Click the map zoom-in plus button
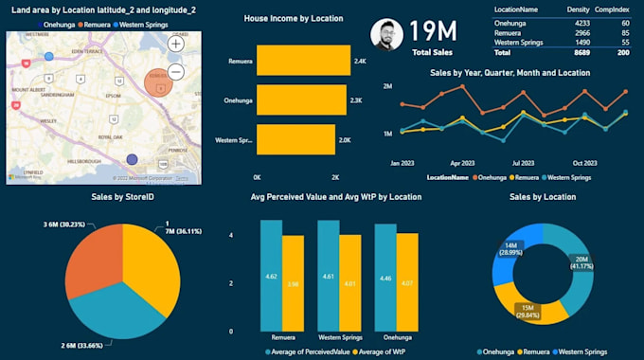tap(176, 44)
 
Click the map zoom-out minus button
tap(176, 72)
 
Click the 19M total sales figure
tap(433, 32)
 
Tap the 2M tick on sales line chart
tap(387, 86)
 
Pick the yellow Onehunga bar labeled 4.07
tap(406, 281)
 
